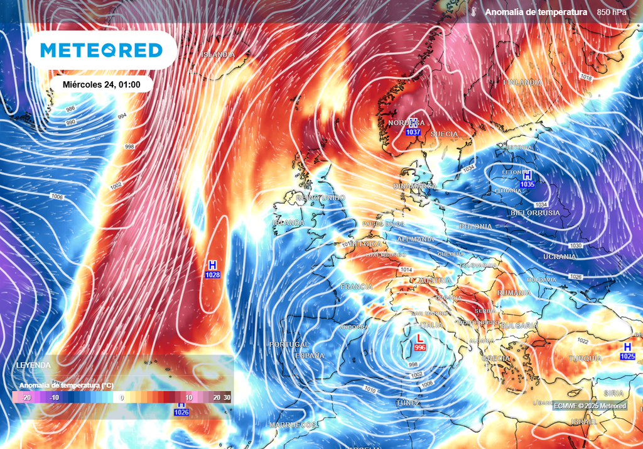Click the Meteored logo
coord(101,50)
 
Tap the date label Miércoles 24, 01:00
coord(102,84)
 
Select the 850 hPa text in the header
coord(611,12)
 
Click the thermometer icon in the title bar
coord(473,12)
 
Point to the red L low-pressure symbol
coord(420,339)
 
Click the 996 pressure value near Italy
coord(420,348)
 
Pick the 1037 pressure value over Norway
coord(413,132)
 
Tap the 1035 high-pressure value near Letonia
coord(527,185)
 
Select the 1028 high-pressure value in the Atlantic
coord(212,275)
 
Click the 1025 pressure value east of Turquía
coord(627,357)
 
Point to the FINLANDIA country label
coord(522,82)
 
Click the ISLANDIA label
coord(218,55)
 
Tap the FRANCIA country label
coord(356,287)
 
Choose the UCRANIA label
coord(559,257)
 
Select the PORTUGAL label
coord(289,345)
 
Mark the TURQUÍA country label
coord(585,358)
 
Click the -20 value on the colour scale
coord(26,397)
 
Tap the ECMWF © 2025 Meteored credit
coord(590,406)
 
